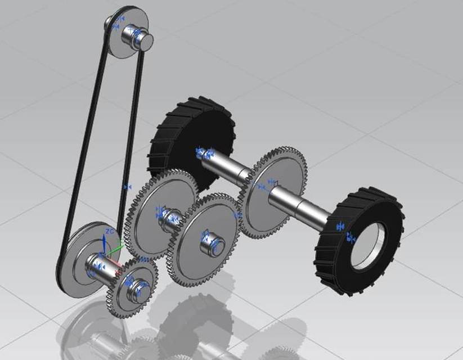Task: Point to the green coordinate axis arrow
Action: click(x=116, y=246)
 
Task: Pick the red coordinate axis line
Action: click(x=113, y=263)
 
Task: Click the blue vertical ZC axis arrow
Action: click(x=104, y=243)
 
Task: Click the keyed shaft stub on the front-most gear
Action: click(x=215, y=244)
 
